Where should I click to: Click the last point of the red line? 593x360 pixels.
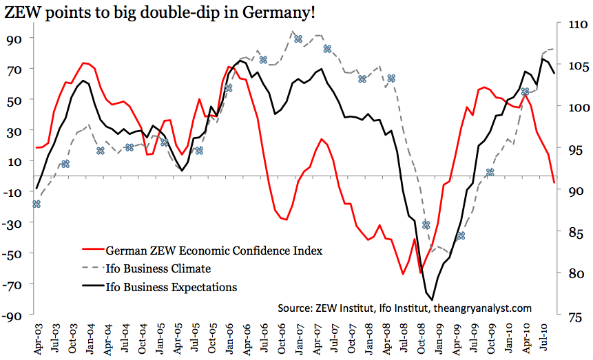tap(554, 182)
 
